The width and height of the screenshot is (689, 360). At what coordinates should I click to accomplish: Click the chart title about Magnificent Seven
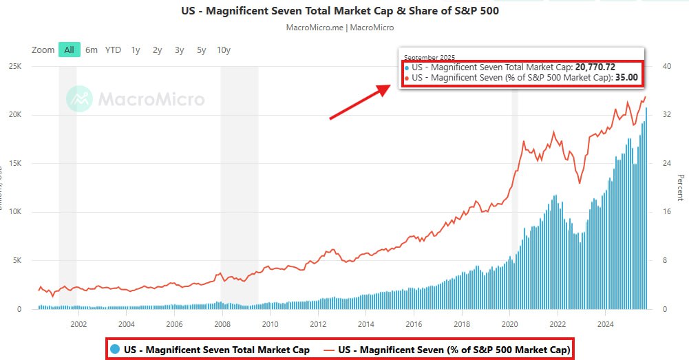tap(339, 11)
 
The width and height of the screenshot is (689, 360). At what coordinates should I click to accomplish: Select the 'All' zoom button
tap(70, 50)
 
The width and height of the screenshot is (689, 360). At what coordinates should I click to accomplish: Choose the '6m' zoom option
tap(92, 50)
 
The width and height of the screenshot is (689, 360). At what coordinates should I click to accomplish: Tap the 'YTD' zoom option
tap(113, 50)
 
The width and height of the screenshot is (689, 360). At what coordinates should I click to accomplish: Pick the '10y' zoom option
tap(223, 50)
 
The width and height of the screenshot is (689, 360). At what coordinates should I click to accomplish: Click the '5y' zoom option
tap(201, 50)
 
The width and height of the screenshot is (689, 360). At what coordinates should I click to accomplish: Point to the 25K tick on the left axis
tap(14, 66)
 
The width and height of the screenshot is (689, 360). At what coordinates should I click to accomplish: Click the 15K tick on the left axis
tap(14, 164)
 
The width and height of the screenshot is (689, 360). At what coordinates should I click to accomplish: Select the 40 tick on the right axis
tap(666, 66)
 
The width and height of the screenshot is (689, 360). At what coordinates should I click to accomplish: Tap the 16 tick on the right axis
tap(666, 212)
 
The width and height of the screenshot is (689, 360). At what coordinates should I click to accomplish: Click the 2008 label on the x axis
tap(222, 324)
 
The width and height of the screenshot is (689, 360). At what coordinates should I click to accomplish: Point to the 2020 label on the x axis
tap(510, 324)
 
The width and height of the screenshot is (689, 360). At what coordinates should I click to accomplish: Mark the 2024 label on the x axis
tap(606, 324)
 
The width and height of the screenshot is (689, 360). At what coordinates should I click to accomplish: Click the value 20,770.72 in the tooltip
tap(595, 67)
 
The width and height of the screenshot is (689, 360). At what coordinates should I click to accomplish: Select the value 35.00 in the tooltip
tap(626, 78)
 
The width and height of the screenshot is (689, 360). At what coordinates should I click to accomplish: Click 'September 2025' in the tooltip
tap(430, 57)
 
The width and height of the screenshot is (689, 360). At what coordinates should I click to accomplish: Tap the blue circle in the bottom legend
tap(115, 349)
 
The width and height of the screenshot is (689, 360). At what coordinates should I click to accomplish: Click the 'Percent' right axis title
tap(680, 188)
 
